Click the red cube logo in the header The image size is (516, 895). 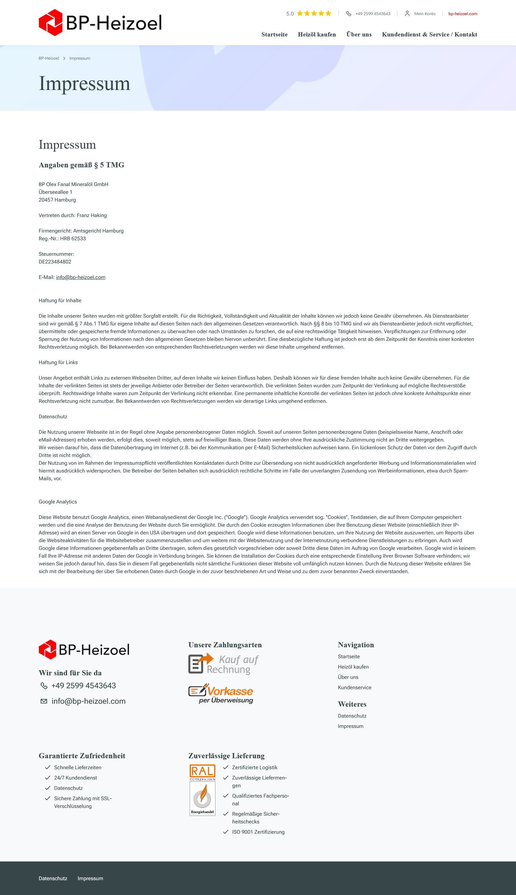tap(50, 23)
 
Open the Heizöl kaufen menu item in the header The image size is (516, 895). tap(316, 35)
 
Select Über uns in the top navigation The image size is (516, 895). tap(359, 35)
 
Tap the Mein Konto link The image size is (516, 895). tap(424, 14)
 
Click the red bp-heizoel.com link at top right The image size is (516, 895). tap(462, 14)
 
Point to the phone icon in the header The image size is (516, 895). tap(348, 14)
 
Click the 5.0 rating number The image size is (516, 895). tap(290, 14)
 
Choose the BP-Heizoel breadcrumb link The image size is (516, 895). tap(49, 58)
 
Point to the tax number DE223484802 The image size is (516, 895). tap(55, 262)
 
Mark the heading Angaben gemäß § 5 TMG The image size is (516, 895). tap(82, 165)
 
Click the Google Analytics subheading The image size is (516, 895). tap(58, 502)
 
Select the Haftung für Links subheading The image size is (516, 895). tap(58, 363)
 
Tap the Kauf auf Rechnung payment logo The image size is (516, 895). tap(223, 664)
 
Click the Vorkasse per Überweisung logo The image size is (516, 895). tap(221, 694)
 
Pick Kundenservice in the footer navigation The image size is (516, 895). tap(354, 687)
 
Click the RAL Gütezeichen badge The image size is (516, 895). tap(202, 790)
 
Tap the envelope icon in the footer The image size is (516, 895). tap(44, 701)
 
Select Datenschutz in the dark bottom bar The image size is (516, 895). tap(53, 878)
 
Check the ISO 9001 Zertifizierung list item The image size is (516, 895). tap(258, 832)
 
